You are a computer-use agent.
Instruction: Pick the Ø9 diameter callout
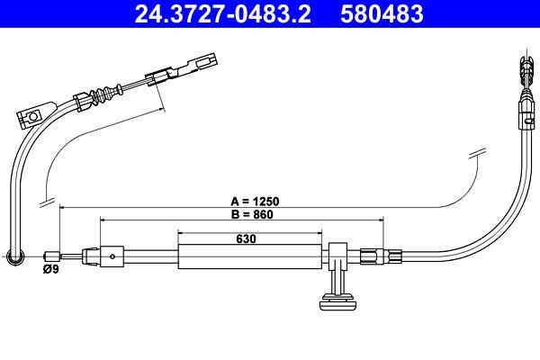(51, 268)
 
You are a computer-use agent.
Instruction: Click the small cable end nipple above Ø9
(53, 256)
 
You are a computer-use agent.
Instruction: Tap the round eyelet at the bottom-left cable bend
(14, 258)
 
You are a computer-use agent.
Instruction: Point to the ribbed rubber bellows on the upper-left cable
(107, 94)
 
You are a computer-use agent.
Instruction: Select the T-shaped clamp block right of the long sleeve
(338, 256)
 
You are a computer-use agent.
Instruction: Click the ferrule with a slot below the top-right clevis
(524, 112)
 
